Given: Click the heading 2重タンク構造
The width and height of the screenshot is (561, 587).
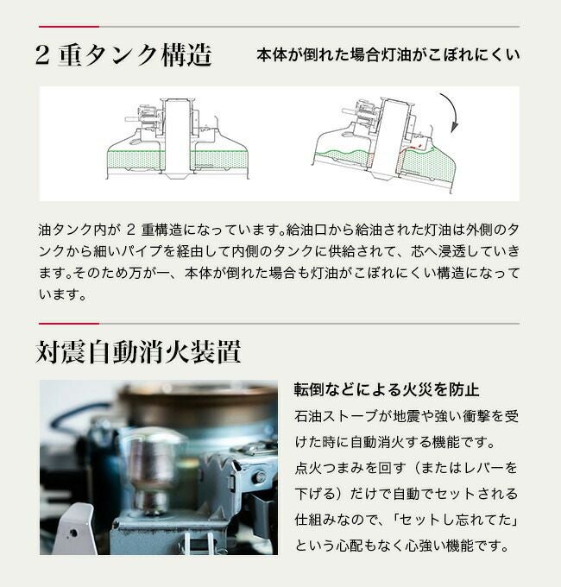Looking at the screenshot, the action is [x=123, y=55].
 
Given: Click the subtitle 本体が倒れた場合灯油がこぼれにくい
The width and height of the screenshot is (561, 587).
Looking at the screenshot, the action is [x=388, y=55].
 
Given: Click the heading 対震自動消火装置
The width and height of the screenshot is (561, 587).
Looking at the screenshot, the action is [x=138, y=351].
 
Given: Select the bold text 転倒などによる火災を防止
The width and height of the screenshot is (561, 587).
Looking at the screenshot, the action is [x=386, y=389].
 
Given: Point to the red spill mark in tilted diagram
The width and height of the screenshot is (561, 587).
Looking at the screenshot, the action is [x=413, y=147].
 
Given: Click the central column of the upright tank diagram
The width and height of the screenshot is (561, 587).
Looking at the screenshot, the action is [x=178, y=138].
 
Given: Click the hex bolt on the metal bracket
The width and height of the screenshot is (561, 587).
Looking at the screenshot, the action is [x=259, y=477].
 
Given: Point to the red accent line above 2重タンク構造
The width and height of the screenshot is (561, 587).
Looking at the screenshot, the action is [x=69, y=27].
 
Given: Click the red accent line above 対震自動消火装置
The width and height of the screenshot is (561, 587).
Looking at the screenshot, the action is [x=69, y=324].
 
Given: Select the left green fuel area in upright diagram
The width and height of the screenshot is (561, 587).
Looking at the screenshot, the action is [x=136, y=160].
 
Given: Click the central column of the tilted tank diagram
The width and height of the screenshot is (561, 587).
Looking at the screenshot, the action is [x=390, y=138].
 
